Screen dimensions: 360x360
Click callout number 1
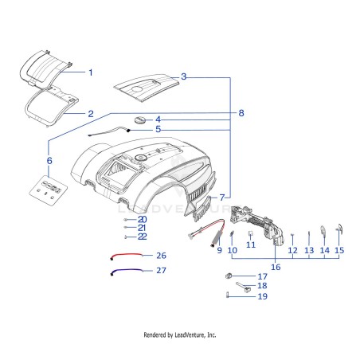[91, 72]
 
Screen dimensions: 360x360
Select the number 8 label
[241, 113]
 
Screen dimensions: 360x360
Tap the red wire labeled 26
[127, 256]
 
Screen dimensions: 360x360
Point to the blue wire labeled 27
[127, 271]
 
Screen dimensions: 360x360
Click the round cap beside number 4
[139, 120]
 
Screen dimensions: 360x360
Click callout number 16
[276, 267]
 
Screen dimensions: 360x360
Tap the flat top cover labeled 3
[147, 88]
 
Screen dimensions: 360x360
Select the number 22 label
[143, 237]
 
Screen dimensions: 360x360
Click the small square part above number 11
[250, 233]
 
